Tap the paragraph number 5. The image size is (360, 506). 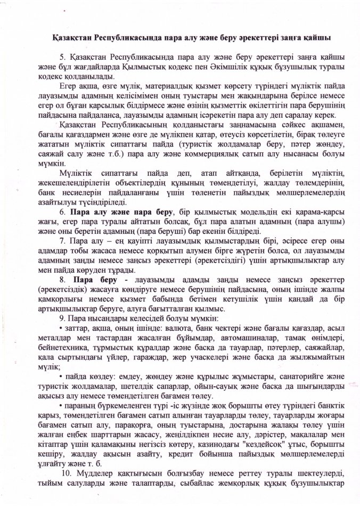62,56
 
